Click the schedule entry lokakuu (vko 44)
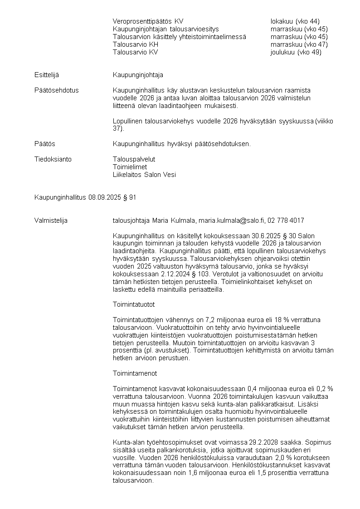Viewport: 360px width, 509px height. coord(295,21)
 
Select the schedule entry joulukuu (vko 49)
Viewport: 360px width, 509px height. coord(296,52)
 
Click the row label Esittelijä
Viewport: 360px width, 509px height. coord(47,75)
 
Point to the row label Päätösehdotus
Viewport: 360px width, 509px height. coord(56,90)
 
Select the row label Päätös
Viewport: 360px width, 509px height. coord(44,144)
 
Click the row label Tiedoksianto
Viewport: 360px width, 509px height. coord(53,159)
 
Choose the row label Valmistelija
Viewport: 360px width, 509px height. coord(51,220)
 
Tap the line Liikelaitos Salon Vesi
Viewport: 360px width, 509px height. coord(144,175)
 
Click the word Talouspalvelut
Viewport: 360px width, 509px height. coord(134,159)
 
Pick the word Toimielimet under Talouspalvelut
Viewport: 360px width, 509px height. coord(130,167)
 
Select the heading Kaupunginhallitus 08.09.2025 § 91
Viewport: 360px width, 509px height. coord(85,197)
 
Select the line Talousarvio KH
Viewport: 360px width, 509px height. coord(136,44)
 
